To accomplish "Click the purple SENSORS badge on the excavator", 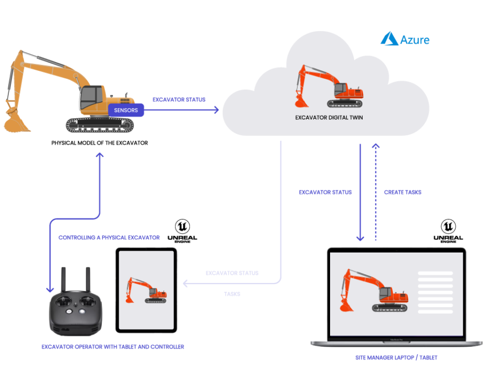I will tap(125, 110).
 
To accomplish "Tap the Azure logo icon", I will tap(389, 39).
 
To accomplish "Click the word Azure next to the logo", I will tap(415, 40).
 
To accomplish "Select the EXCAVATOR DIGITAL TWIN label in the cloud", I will tap(329, 118).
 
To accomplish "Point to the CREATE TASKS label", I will tap(403, 193).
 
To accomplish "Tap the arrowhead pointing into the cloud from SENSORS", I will tap(216, 110).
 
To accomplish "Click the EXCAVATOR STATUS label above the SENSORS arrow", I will tap(179, 100).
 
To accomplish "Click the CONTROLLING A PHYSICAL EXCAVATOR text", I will tap(109, 238).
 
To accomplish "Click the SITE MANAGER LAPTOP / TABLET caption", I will tap(396, 358).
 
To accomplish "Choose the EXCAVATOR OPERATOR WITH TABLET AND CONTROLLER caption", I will tap(113, 347).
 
